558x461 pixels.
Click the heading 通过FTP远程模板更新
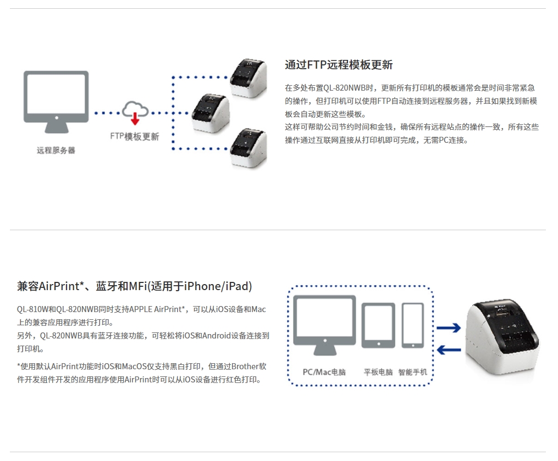click(x=339, y=65)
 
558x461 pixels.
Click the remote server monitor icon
click(x=56, y=102)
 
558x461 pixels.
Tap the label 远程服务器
click(x=56, y=150)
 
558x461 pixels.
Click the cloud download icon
click(x=135, y=110)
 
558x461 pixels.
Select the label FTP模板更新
click(x=135, y=137)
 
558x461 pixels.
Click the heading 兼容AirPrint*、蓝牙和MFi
click(x=134, y=286)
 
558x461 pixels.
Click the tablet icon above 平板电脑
click(x=378, y=325)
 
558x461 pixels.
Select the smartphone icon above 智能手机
click(x=412, y=325)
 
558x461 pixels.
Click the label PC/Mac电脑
click(x=324, y=372)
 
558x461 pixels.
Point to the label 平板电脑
click(x=378, y=372)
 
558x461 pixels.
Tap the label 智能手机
click(x=413, y=372)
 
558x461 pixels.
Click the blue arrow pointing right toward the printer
click(x=449, y=328)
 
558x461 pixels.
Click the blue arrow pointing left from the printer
click(x=449, y=349)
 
